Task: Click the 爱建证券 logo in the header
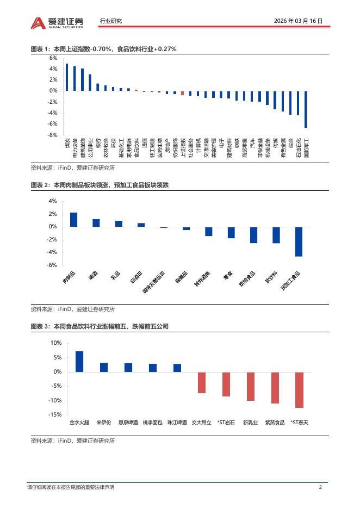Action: (57, 22)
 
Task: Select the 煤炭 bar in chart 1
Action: (67, 77)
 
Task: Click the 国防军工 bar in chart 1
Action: (306, 109)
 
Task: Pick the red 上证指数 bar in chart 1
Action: (183, 93)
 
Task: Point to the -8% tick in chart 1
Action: (53, 135)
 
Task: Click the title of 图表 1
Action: (103, 49)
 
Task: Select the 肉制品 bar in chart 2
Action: (73, 220)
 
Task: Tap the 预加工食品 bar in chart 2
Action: (299, 241)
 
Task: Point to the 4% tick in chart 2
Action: (53, 201)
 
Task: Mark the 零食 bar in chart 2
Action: (231, 232)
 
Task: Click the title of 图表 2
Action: (100, 185)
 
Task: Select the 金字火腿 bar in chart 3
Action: (79, 362)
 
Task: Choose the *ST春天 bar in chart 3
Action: (299, 390)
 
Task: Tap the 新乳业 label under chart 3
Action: (250, 422)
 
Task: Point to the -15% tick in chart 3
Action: (55, 415)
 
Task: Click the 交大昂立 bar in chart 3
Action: (202, 382)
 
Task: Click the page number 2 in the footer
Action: (320, 487)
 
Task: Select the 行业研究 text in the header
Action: (111, 21)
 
